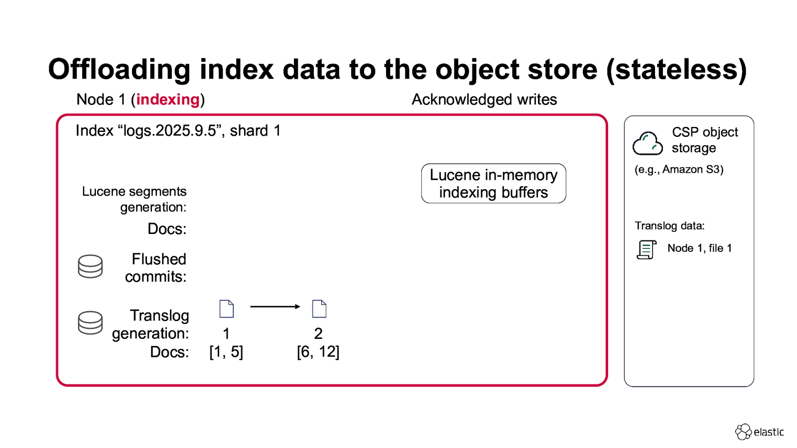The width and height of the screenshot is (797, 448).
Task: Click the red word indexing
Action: [168, 100]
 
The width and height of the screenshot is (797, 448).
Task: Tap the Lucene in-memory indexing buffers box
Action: [493, 184]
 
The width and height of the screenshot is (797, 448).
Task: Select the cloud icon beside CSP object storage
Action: [648, 143]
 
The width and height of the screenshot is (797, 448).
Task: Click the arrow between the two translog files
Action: [275, 307]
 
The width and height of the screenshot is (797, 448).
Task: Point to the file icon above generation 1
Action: [227, 309]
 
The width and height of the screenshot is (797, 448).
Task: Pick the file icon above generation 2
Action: [319, 309]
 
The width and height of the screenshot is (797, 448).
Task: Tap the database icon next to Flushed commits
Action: [90, 266]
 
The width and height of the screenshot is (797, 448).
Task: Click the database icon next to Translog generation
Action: [90, 323]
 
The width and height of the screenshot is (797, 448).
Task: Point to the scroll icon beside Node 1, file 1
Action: [646, 249]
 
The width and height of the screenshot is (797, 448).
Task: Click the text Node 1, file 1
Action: [699, 248]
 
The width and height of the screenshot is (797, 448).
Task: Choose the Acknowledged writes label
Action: [484, 100]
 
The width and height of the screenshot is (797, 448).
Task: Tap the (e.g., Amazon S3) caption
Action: [679, 169]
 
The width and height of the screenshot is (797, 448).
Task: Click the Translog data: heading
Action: [669, 226]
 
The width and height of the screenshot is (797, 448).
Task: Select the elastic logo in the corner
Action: [760, 432]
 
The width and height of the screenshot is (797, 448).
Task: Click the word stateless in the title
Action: [676, 70]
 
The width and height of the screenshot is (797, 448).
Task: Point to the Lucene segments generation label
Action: [134, 199]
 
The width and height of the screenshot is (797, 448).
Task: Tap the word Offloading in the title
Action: [120, 70]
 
